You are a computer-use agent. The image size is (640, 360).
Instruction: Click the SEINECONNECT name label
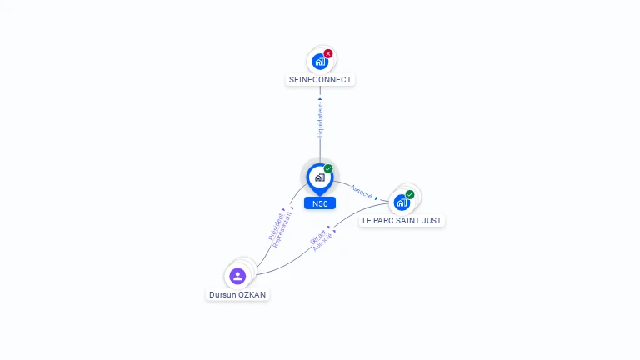pyautogui.click(x=320, y=80)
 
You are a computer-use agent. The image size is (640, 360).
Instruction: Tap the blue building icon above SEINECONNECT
pyautogui.click(x=320, y=62)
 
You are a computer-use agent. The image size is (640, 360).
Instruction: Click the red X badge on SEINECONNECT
pyautogui.click(x=328, y=53)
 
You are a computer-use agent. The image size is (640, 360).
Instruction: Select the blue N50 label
pyautogui.click(x=320, y=203)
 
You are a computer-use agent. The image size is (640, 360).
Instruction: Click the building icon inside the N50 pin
pyautogui.click(x=320, y=177)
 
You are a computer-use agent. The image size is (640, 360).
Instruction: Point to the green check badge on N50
pyautogui.click(x=328, y=168)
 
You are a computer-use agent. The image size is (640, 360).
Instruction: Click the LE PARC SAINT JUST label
pyautogui.click(x=402, y=220)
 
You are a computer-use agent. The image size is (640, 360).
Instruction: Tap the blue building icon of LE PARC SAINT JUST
pyautogui.click(x=402, y=202)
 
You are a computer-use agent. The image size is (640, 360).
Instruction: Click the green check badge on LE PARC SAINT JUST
pyautogui.click(x=410, y=194)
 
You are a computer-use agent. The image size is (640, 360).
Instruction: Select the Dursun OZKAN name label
pyautogui.click(x=237, y=295)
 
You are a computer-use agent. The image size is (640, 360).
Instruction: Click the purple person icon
pyautogui.click(x=237, y=276)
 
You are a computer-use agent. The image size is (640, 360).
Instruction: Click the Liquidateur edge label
pyautogui.click(x=320, y=121)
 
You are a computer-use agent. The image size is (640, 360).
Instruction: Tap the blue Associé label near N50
pyautogui.click(x=361, y=192)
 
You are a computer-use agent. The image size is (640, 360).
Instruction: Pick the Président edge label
pyautogui.click(x=276, y=227)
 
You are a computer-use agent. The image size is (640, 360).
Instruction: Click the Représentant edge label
pyautogui.click(x=282, y=230)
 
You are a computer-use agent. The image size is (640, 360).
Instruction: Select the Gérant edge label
pyautogui.click(x=317, y=237)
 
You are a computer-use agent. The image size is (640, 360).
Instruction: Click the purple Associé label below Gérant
pyautogui.click(x=322, y=242)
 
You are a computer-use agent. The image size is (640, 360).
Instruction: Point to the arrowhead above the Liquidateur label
pyautogui.click(x=320, y=99)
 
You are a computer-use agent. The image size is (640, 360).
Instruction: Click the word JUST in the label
pyautogui.click(x=431, y=220)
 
